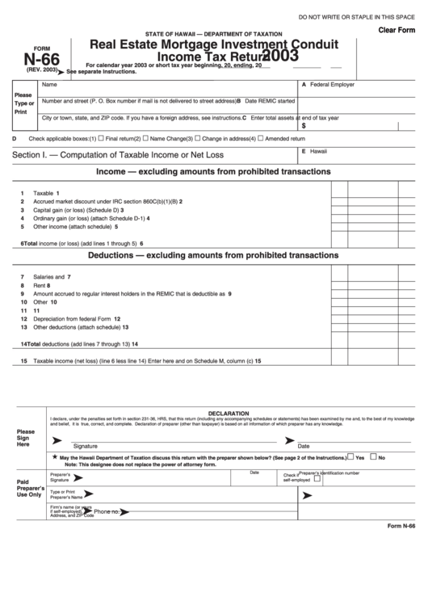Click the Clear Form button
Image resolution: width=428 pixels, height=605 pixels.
pyautogui.click(x=396, y=30)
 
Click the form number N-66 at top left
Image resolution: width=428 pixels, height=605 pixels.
pyautogui.click(x=40, y=58)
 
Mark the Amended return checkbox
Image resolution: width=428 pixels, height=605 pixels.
pyautogui.click(x=260, y=138)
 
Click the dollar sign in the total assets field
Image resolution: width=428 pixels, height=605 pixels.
pyautogui.click(x=304, y=126)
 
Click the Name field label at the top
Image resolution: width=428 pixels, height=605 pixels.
pyautogui.click(x=49, y=84)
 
